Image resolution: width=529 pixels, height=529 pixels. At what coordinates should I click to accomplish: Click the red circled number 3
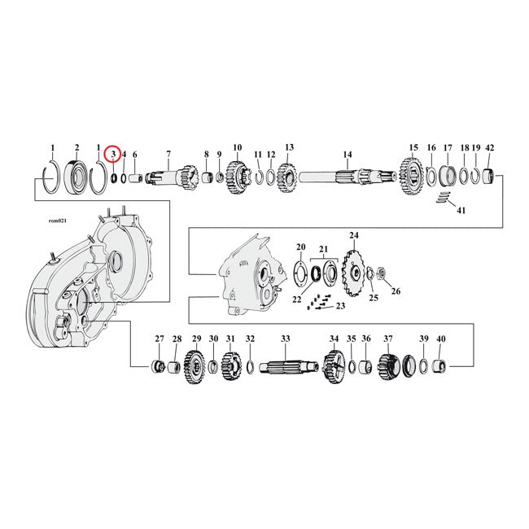(112, 153)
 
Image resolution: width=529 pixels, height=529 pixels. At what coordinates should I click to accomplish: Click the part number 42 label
(489, 147)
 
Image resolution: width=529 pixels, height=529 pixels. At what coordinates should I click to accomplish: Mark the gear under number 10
(238, 174)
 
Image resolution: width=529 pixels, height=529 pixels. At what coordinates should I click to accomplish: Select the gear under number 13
(288, 174)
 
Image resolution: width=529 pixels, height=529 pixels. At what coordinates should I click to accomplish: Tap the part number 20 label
(300, 247)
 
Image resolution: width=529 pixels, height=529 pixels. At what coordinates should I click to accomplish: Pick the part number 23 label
(340, 306)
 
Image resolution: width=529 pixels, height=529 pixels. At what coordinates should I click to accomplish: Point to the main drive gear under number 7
(167, 175)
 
